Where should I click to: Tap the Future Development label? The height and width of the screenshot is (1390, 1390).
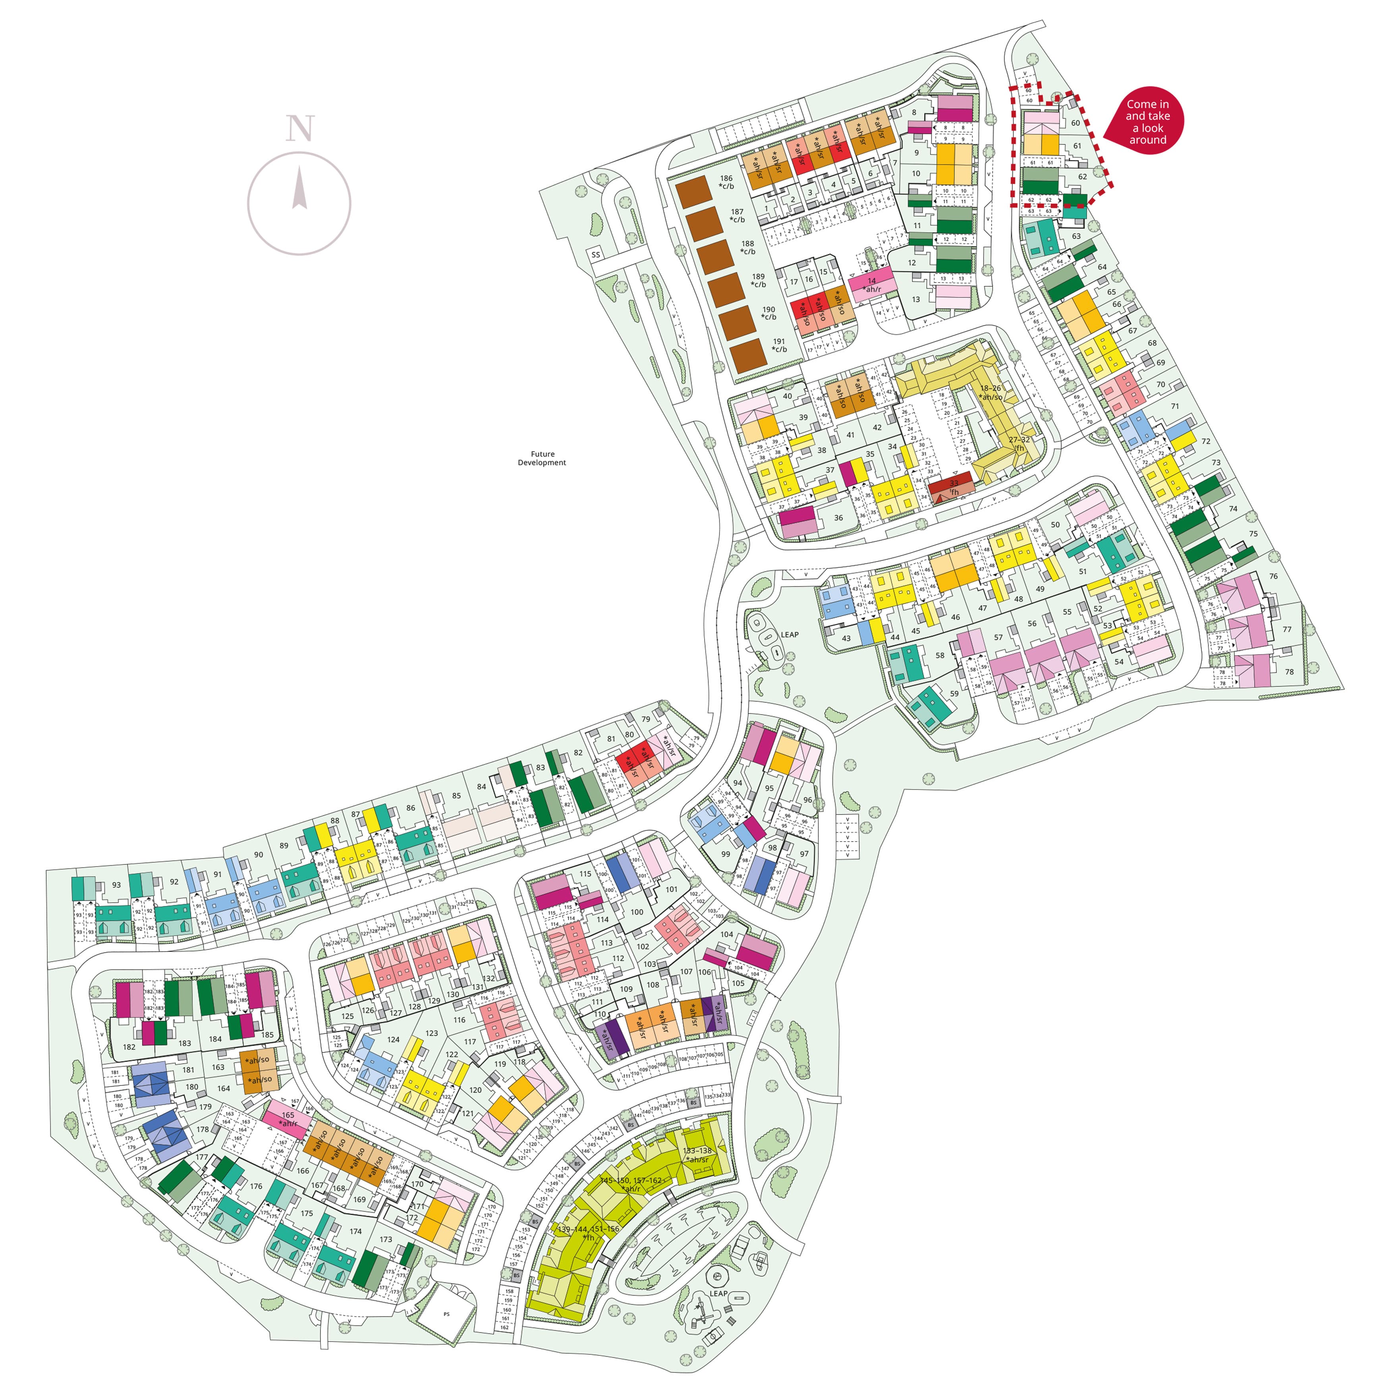pos(542,458)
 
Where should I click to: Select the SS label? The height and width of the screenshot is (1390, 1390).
pos(596,255)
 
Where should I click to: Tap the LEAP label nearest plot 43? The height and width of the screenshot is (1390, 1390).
pos(789,635)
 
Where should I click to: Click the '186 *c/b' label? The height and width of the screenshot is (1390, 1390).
pos(727,182)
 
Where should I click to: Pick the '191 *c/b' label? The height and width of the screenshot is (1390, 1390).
pos(779,346)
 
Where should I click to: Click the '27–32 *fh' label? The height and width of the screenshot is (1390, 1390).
pos(1019,444)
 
